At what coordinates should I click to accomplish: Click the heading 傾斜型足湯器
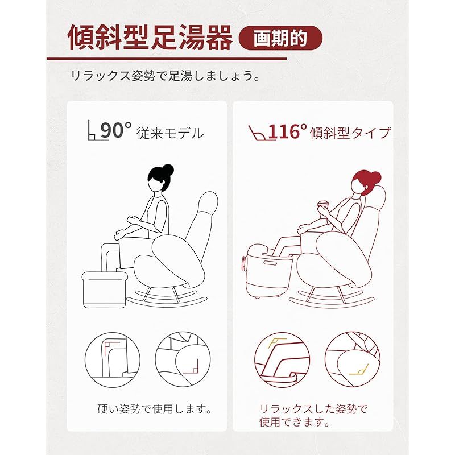click(x=150, y=39)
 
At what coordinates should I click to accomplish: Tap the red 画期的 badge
click(x=280, y=38)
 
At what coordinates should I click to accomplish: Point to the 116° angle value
click(x=288, y=131)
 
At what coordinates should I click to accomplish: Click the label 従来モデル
click(x=169, y=133)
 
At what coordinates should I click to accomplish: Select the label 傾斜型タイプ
click(x=350, y=133)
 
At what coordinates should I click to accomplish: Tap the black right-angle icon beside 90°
click(x=93, y=131)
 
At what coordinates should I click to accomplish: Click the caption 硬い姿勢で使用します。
click(x=154, y=409)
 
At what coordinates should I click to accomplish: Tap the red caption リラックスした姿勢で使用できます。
click(x=313, y=415)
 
